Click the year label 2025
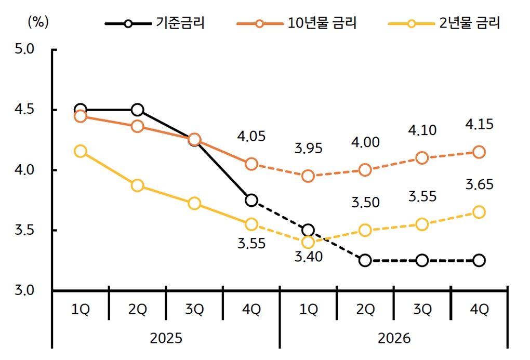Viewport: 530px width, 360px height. pyautogui.click(x=166, y=338)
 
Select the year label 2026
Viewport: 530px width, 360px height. pyautogui.click(x=394, y=338)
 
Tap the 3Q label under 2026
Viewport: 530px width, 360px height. pyautogui.click(x=422, y=310)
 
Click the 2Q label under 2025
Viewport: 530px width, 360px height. pyautogui.click(x=138, y=310)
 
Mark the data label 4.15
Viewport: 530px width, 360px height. pyautogui.click(x=479, y=125)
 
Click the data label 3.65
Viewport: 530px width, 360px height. pyautogui.click(x=479, y=184)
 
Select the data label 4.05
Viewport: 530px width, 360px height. pyautogui.click(x=251, y=137)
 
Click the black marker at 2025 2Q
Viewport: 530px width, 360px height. pyautogui.click(x=138, y=110)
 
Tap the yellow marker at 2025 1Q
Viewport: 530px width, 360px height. pyautogui.click(x=81, y=151)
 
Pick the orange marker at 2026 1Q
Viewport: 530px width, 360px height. pyautogui.click(x=308, y=176)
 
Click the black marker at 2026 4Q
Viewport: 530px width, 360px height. pyautogui.click(x=479, y=260)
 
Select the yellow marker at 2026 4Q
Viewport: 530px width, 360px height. pyautogui.click(x=479, y=212)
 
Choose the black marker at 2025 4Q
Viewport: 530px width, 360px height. pyautogui.click(x=251, y=200)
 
